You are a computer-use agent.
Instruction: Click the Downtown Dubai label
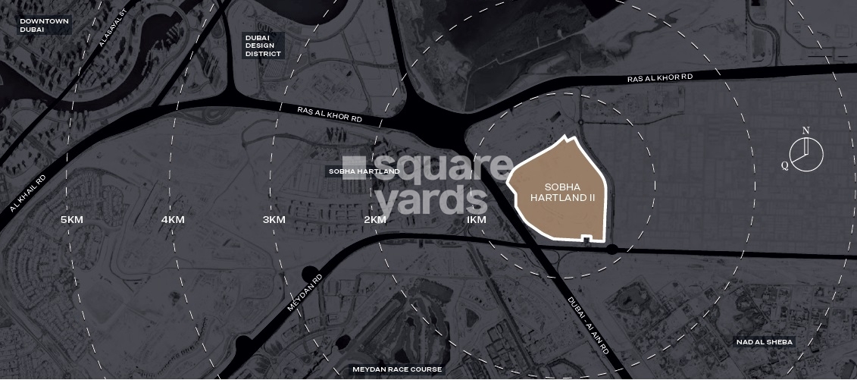pos(44,25)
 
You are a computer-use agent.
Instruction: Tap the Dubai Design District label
pos(262,46)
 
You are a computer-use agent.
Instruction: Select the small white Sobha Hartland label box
pos(364,171)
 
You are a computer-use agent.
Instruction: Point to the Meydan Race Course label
pos(397,369)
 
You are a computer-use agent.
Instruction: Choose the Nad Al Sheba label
pos(764,342)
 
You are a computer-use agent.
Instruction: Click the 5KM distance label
pos(71,220)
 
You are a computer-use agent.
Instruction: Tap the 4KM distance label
pos(173,220)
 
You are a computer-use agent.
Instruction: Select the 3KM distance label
pos(274,220)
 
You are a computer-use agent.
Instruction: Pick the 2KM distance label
pos(375,220)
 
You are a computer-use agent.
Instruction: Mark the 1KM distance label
pos(476,220)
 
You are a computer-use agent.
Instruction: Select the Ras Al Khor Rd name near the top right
pos(660,78)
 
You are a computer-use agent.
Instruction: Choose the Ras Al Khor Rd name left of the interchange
pos(330,115)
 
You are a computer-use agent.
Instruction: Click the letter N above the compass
pos(806,130)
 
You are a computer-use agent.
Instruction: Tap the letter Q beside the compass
pos(785,165)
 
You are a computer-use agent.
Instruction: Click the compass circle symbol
pos(806,154)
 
